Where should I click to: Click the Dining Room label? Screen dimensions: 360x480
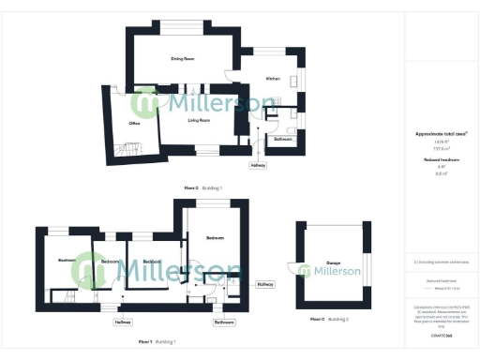point(182,59)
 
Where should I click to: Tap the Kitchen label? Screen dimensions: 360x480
point(273,78)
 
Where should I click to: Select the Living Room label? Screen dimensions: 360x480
point(198,120)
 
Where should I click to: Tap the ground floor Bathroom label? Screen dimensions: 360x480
point(283,139)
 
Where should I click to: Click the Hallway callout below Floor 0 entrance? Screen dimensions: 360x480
point(257,166)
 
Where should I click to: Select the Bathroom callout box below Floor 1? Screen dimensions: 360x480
point(223,322)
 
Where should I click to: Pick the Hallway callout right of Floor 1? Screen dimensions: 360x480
point(264,283)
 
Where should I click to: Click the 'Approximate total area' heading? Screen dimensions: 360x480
point(440,133)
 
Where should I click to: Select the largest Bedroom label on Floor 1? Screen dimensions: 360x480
point(215,238)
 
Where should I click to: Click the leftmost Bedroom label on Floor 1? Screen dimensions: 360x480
point(67,260)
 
